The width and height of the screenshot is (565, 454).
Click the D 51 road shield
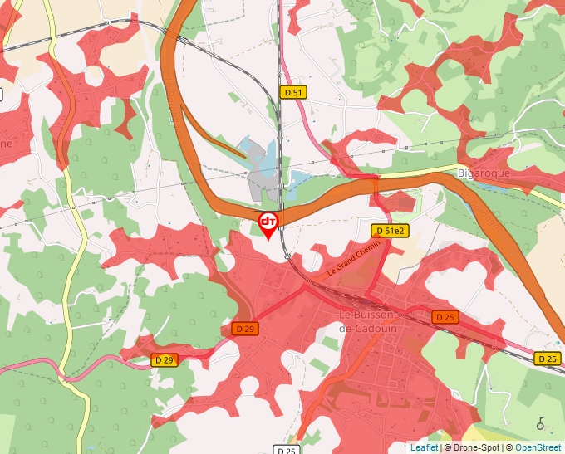[x=292, y=92]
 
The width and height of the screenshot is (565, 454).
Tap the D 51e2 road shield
[x=390, y=231]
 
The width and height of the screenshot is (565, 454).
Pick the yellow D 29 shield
[x=165, y=359]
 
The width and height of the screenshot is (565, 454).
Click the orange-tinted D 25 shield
[x=445, y=317]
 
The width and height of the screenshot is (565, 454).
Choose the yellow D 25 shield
[x=547, y=359]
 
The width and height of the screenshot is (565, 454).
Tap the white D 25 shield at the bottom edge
[x=286, y=450]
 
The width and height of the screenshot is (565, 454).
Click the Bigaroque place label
[x=484, y=173]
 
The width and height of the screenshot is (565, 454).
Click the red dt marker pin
[x=268, y=223]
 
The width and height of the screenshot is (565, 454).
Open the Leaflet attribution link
[x=424, y=447]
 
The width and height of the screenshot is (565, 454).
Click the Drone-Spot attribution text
[x=473, y=447]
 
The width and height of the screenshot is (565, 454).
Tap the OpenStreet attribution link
[x=538, y=447]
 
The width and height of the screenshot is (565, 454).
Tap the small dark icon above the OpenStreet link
[x=541, y=423]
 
